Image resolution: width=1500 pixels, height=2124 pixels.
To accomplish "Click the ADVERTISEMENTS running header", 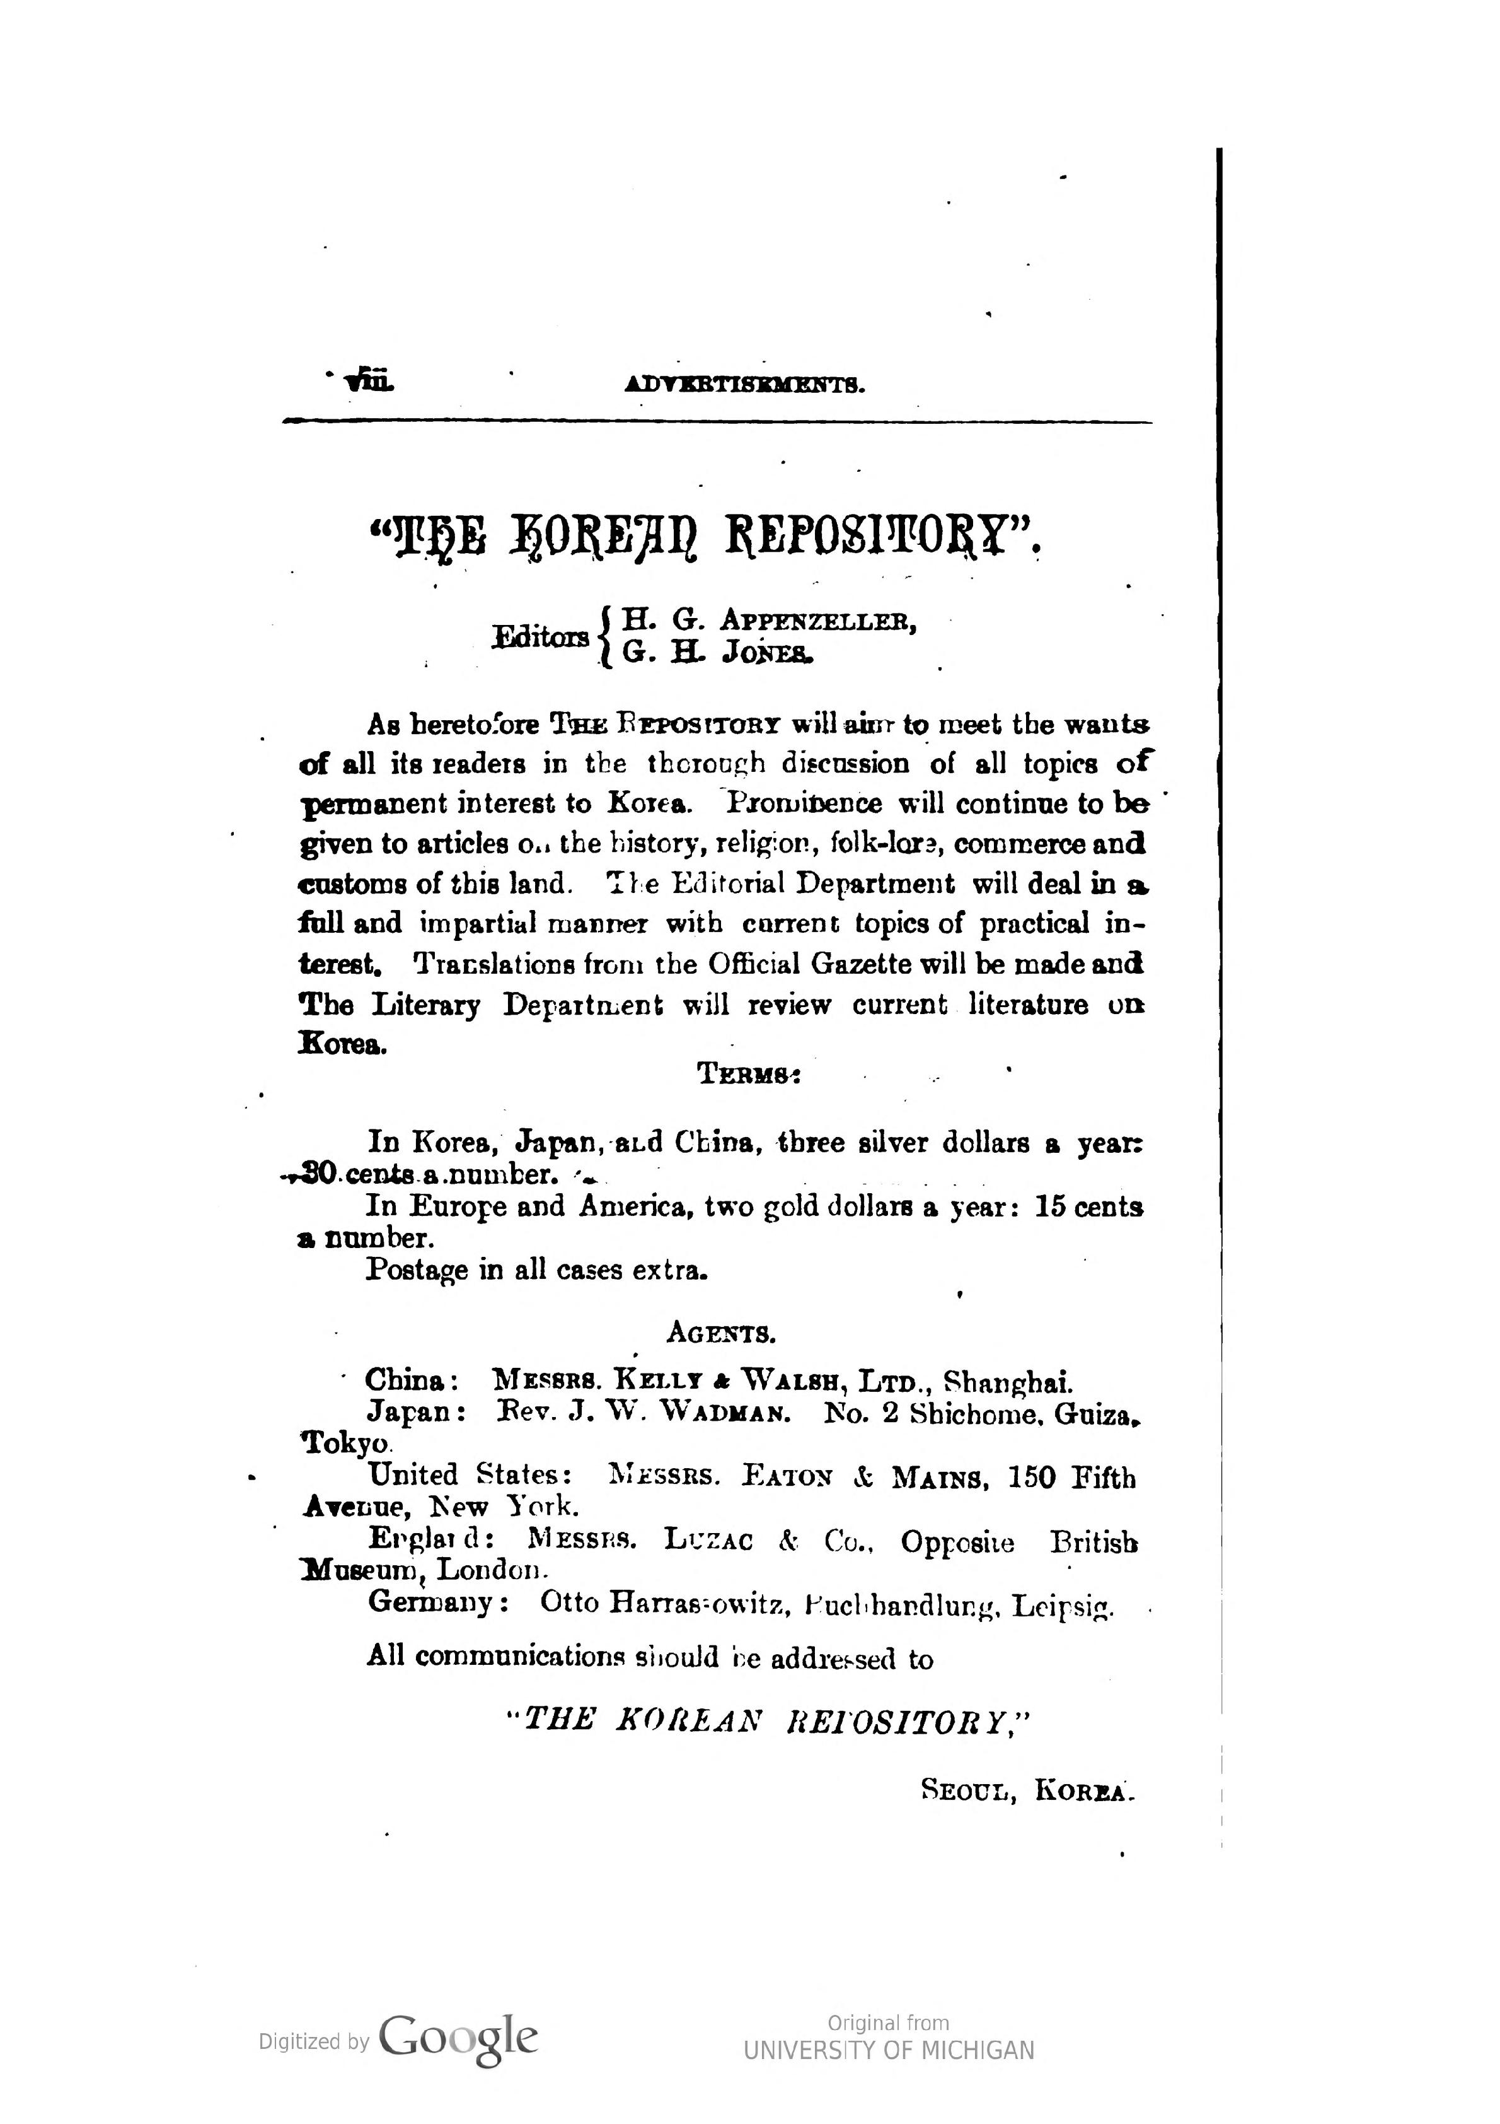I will [746, 384].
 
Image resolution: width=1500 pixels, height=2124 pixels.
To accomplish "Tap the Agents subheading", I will [720, 1333].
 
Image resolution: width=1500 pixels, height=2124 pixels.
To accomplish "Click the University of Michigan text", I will [889, 2050].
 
